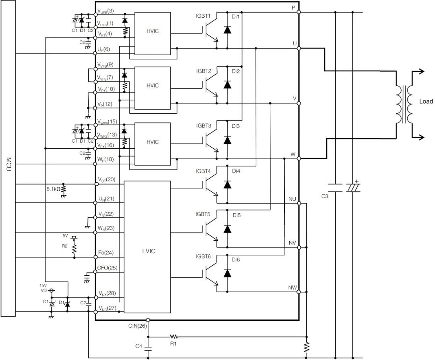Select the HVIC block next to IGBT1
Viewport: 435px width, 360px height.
pyautogui.click(x=152, y=31)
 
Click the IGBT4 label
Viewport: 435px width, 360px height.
pyautogui.click(x=203, y=171)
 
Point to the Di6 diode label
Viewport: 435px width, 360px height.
pyautogui.click(x=236, y=259)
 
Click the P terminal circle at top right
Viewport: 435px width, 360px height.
pyautogui.click(x=299, y=12)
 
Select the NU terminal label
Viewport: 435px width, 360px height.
pyautogui.click(x=292, y=199)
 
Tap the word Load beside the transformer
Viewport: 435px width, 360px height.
pyautogui.click(x=426, y=102)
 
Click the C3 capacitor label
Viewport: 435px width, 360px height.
pyautogui.click(x=325, y=196)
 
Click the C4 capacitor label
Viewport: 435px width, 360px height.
pyautogui.click(x=139, y=346)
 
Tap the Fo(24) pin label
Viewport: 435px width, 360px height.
pyautogui.click(x=106, y=253)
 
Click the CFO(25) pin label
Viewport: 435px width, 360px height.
pyautogui.click(x=108, y=268)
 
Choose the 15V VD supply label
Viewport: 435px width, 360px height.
pyautogui.click(x=44, y=287)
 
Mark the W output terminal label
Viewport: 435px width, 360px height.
pyautogui.click(x=293, y=155)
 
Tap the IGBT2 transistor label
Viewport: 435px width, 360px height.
pyautogui.click(x=203, y=71)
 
